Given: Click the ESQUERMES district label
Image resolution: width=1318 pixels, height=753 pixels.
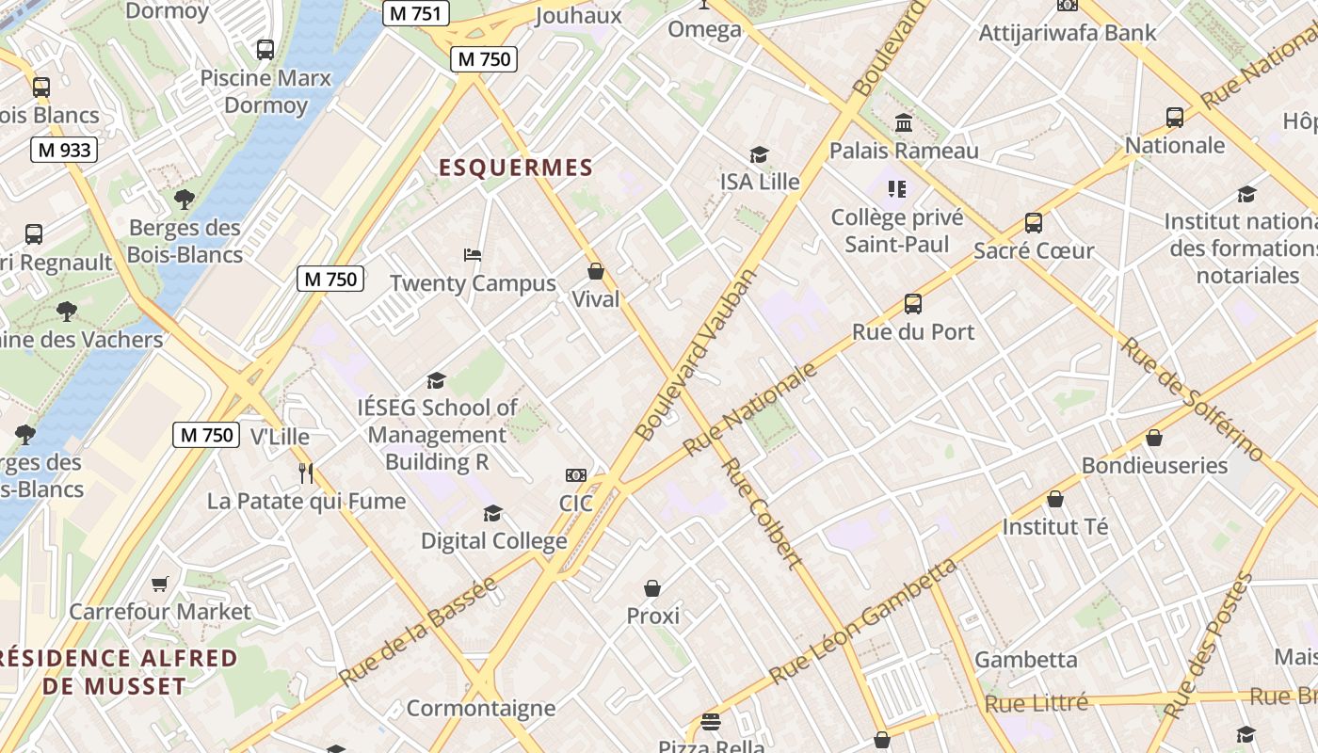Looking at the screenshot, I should [516, 168].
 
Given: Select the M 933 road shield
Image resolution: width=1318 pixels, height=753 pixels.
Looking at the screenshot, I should [64, 150].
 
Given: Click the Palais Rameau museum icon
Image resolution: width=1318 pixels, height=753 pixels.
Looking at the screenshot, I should [904, 122].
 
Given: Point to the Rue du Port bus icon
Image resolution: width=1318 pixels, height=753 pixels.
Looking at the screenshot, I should [912, 304].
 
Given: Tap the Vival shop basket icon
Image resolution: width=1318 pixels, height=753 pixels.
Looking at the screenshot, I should [596, 272].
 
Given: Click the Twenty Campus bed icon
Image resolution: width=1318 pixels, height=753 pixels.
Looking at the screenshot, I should [473, 255].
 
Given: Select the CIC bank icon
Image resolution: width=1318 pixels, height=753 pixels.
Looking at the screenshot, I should [575, 475].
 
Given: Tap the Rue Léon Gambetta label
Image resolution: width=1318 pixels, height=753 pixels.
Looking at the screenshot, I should [862, 621].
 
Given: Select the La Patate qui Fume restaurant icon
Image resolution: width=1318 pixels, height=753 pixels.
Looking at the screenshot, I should [305, 473].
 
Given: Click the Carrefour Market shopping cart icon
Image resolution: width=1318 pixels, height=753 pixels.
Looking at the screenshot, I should [160, 585].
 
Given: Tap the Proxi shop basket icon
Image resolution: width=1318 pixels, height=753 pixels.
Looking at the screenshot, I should [652, 588].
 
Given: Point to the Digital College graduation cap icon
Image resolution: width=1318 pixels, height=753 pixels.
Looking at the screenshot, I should [492, 513].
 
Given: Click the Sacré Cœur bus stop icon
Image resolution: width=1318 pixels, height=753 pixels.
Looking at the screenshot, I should [1033, 223].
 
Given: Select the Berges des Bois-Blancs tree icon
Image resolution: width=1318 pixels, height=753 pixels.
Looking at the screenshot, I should [185, 199].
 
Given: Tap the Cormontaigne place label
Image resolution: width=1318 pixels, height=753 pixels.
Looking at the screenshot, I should [480, 708].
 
